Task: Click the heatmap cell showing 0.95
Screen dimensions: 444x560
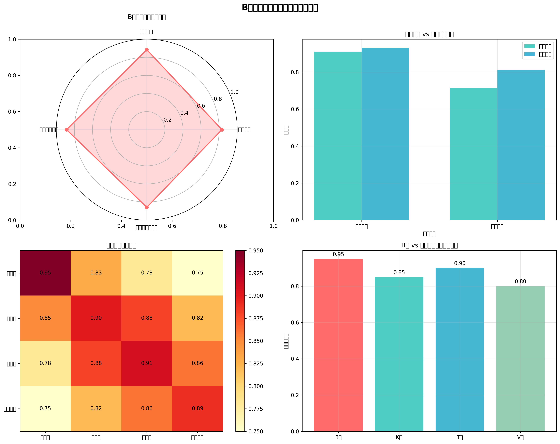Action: [45, 273]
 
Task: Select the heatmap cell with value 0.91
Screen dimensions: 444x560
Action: [147, 363]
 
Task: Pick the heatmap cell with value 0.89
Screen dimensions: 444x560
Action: [197, 408]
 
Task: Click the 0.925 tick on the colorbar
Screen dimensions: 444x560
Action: [256, 273]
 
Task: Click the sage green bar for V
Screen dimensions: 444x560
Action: [520, 359]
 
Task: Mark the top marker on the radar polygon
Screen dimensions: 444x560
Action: [147, 50]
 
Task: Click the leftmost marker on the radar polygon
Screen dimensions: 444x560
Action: [67, 130]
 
